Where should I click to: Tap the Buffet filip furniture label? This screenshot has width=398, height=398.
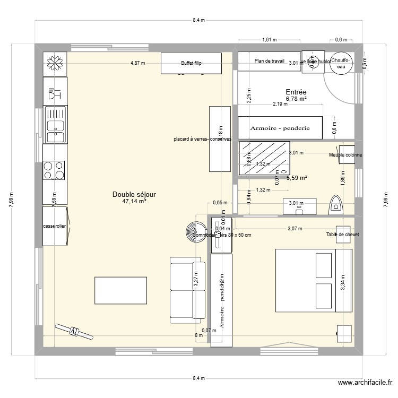click(x=191, y=63)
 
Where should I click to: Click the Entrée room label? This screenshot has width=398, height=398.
click(x=296, y=91)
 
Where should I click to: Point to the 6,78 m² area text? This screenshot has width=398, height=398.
click(x=296, y=99)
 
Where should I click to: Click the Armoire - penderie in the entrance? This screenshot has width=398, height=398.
click(x=281, y=128)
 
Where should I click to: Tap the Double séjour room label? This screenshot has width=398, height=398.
click(x=134, y=195)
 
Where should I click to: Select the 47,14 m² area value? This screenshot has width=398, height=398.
click(x=134, y=202)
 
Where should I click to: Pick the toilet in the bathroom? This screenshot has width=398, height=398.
click(x=336, y=205)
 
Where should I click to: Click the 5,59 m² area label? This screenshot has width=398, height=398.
click(x=297, y=178)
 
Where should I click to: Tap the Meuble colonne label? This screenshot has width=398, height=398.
click(x=345, y=155)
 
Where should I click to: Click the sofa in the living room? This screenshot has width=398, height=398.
click(x=187, y=290)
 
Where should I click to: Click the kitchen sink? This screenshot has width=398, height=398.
click(x=55, y=125)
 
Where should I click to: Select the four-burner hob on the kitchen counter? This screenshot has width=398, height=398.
click(x=55, y=170)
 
